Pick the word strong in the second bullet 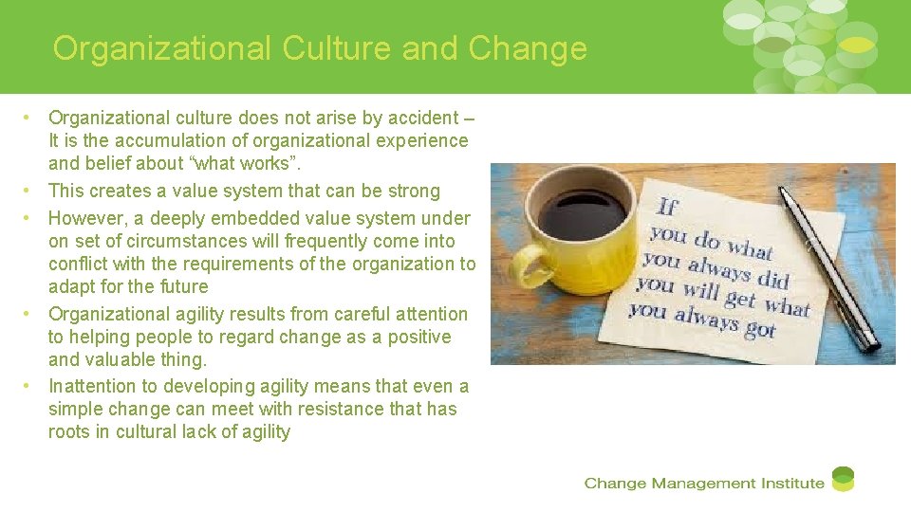[x=412, y=191]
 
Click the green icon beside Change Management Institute [x=843, y=480]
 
